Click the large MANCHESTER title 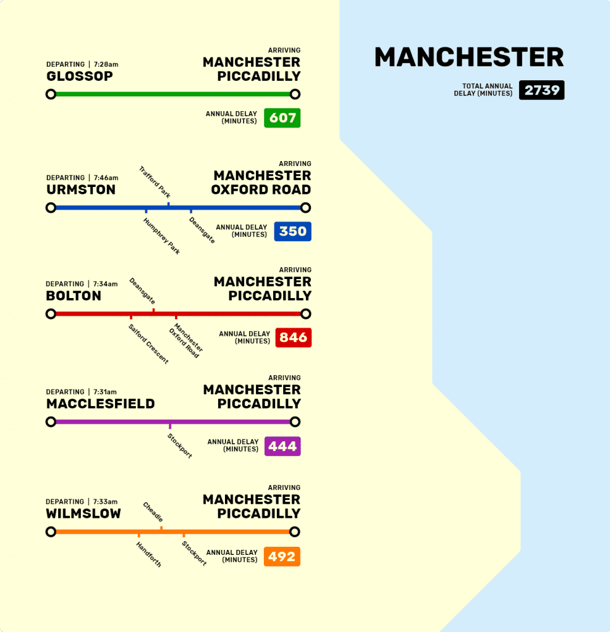(x=469, y=57)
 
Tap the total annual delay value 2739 (x=541, y=90)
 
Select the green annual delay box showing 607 (x=282, y=117)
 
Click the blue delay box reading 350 (x=292, y=231)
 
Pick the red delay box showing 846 (x=293, y=338)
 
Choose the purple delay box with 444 (x=282, y=446)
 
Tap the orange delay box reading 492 (x=282, y=557)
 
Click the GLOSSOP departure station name (x=80, y=77)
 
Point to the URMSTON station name (x=81, y=190)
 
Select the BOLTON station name (x=74, y=296)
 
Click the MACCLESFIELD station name (x=100, y=404)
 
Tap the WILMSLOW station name (x=83, y=513)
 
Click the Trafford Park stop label (x=155, y=182)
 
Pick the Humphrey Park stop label (x=162, y=236)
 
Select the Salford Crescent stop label (x=148, y=344)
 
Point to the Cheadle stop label (x=153, y=512)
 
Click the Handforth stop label (x=149, y=554)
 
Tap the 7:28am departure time (x=106, y=65)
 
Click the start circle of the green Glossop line (x=51, y=94)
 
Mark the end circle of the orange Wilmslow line (x=295, y=532)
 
